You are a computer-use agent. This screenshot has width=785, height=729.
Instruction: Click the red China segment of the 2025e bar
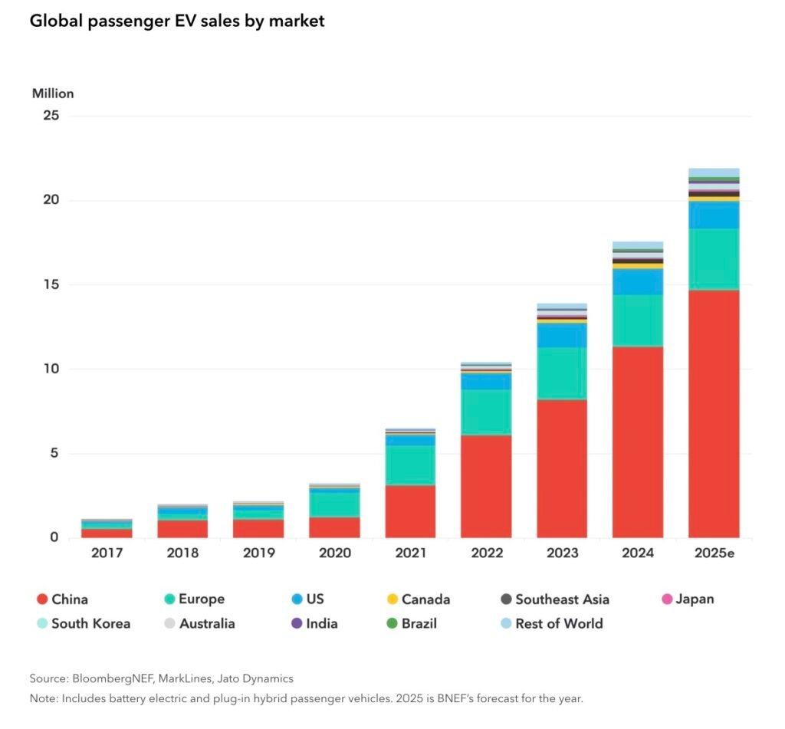(x=714, y=414)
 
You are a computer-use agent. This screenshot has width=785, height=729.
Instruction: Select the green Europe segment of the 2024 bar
(x=638, y=320)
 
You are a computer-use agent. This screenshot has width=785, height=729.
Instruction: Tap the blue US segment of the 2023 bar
(x=562, y=336)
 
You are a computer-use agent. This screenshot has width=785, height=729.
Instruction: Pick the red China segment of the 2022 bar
(x=486, y=486)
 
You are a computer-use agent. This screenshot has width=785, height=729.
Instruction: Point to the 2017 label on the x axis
(x=106, y=553)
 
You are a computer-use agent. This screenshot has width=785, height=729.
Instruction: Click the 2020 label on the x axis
(x=334, y=553)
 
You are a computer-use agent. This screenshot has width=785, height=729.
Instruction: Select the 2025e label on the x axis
(x=714, y=553)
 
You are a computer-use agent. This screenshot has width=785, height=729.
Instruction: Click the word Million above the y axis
(x=53, y=94)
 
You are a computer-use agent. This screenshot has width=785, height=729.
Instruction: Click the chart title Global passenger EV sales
(x=177, y=21)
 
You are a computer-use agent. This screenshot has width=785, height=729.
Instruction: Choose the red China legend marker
(x=41, y=599)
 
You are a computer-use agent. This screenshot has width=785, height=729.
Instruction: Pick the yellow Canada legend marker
(x=392, y=599)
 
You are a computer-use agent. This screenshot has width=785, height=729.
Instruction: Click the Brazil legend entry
(x=419, y=623)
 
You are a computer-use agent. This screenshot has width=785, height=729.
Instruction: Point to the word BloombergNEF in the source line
(x=109, y=678)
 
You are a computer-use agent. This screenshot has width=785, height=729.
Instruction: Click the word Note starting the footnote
(x=43, y=698)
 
